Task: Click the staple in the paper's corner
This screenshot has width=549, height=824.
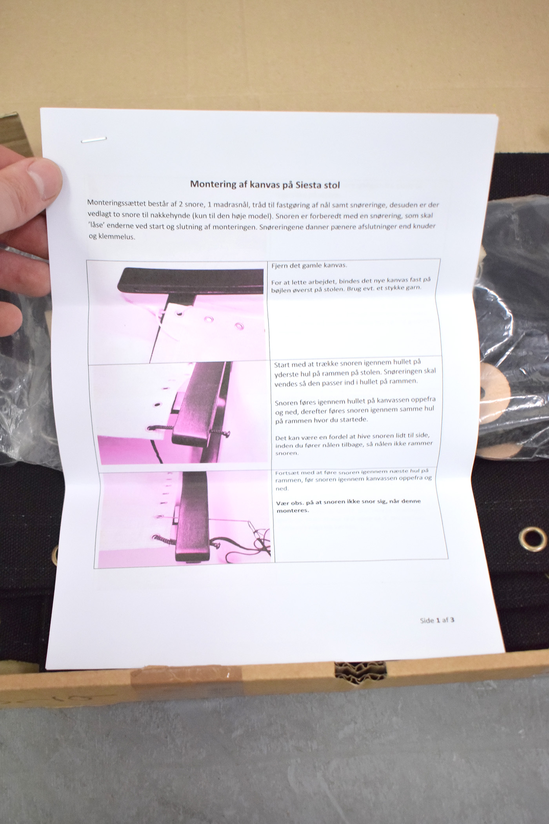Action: tap(94, 139)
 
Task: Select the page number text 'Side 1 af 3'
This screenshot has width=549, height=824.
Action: tap(437, 620)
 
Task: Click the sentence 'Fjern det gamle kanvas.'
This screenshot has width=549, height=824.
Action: tap(309, 265)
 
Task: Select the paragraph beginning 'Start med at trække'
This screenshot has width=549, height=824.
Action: tap(354, 372)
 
